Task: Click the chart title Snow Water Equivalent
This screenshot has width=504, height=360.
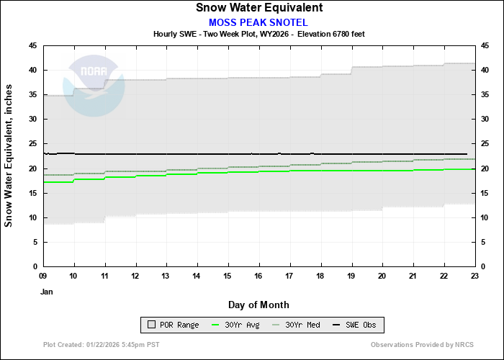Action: pyautogui.click(x=258, y=8)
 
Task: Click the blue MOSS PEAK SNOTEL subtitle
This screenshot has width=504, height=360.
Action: pyautogui.click(x=258, y=22)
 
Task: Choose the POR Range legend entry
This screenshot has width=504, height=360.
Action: pyautogui.click(x=173, y=325)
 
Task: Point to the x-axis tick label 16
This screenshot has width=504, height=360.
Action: pyautogui.click(x=259, y=276)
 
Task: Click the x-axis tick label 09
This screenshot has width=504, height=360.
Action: pyautogui.click(x=43, y=276)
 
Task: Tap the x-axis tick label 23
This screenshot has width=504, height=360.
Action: pyautogui.click(x=474, y=276)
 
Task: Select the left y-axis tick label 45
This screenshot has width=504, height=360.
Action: pyautogui.click(x=33, y=45)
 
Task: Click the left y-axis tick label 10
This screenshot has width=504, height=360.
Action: pyautogui.click(x=33, y=217)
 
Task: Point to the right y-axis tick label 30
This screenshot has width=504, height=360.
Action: pyautogui.click(x=485, y=120)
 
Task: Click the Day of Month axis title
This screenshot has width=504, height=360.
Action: pyautogui.click(x=258, y=305)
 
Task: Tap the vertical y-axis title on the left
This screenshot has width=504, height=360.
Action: pyautogui.click(x=9, y=157)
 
